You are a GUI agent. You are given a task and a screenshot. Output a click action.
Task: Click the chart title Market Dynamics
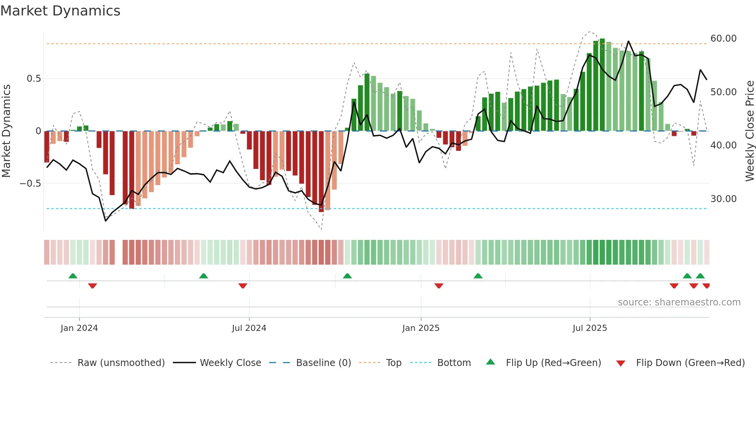[x=61, y=11]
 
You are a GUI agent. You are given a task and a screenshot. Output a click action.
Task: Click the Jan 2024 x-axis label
[x=79, y=328]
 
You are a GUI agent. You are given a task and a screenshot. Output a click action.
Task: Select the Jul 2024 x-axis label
[x=249, y=328]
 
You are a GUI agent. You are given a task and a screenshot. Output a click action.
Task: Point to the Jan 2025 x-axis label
[x=420, y=328]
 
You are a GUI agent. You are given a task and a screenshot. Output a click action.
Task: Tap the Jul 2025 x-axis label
[x=589, y=328]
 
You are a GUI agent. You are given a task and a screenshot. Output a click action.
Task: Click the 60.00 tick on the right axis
[x=723, y=39]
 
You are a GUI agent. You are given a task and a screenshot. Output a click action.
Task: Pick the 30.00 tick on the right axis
[x=723, y=199]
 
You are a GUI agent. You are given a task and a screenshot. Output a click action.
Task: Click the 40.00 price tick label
[x=723, y=145]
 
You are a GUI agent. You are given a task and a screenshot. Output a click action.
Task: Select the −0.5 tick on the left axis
[x=30, y=184]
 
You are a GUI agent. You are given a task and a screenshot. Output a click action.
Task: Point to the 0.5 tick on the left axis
[x=34, y=79]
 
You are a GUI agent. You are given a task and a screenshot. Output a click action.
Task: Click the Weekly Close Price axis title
[x=749, y=131]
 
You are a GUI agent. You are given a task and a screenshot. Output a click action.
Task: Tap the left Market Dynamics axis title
[x=6, y=131]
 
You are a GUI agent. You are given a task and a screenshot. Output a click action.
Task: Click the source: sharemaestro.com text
[x=679, y=302]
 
